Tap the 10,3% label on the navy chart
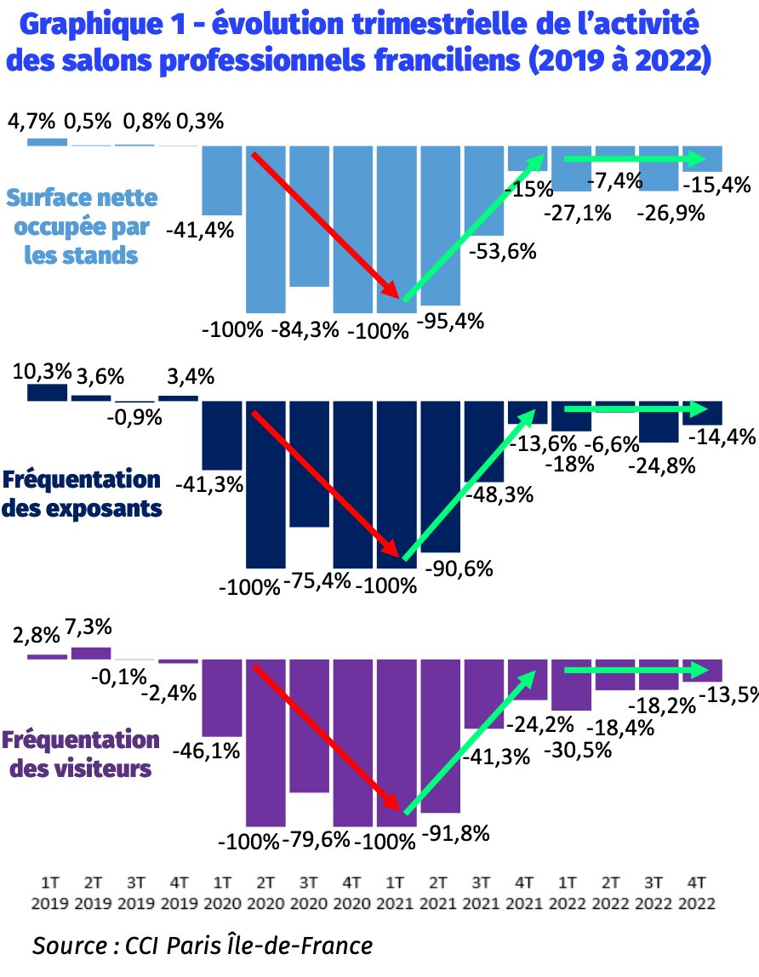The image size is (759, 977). tap(35, 371)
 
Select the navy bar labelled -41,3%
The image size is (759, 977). tap(221, 435)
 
